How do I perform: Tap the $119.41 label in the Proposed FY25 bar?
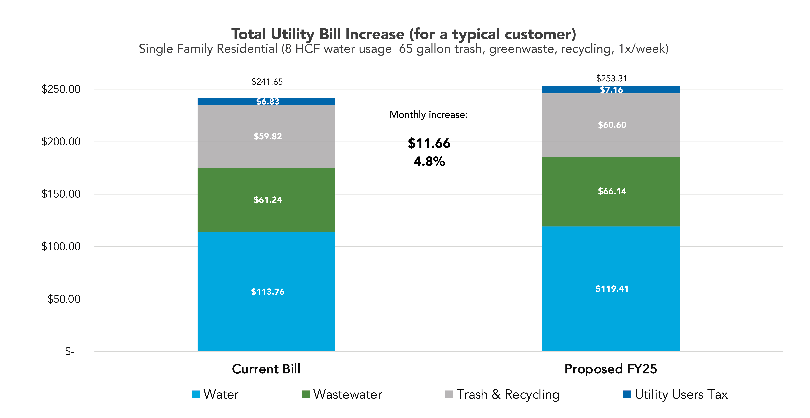(x=612, y=289)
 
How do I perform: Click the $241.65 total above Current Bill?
(x=267, y=82)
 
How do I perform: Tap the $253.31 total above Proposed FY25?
(x=612, y=78)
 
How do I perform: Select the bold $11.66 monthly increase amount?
(x=429, y=143)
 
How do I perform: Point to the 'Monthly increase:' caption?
(x=428, y=115)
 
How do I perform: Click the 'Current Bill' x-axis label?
(x=266, y=369)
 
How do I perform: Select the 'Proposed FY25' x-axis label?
(x=611, y=369)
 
